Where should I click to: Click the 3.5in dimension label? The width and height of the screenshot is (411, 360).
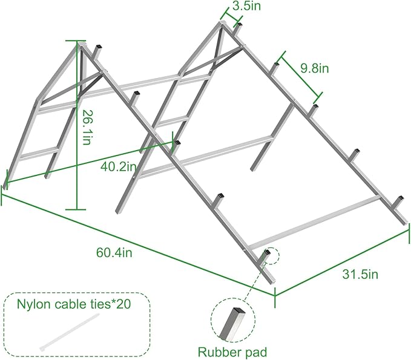pos(246,6)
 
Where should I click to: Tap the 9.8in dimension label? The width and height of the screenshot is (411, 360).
pos(314,68)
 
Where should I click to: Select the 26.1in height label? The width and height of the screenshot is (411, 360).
pos(87,127)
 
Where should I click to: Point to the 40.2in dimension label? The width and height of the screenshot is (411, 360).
pos(119,166)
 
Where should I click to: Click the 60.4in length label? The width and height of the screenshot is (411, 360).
pos(114,252)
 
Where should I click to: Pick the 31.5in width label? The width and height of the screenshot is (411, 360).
pos(360,274)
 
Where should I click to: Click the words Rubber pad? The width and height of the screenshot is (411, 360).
pos(232,352)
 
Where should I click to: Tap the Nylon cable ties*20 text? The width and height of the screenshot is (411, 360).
pos(74,304)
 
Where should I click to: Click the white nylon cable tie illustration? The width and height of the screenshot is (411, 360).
pos(70,332)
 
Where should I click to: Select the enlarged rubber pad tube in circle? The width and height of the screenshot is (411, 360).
pos(232,324)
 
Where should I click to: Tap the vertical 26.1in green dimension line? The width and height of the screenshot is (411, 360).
pos(77,125)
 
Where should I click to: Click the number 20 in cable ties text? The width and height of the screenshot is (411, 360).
pos(123,304)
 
